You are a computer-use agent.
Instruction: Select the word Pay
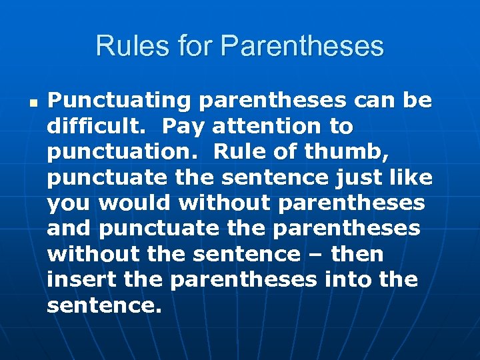click(x=182, y=127)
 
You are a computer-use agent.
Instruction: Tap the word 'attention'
click(x=268, y=127)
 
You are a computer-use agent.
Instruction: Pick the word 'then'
click(x=357, y=255)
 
